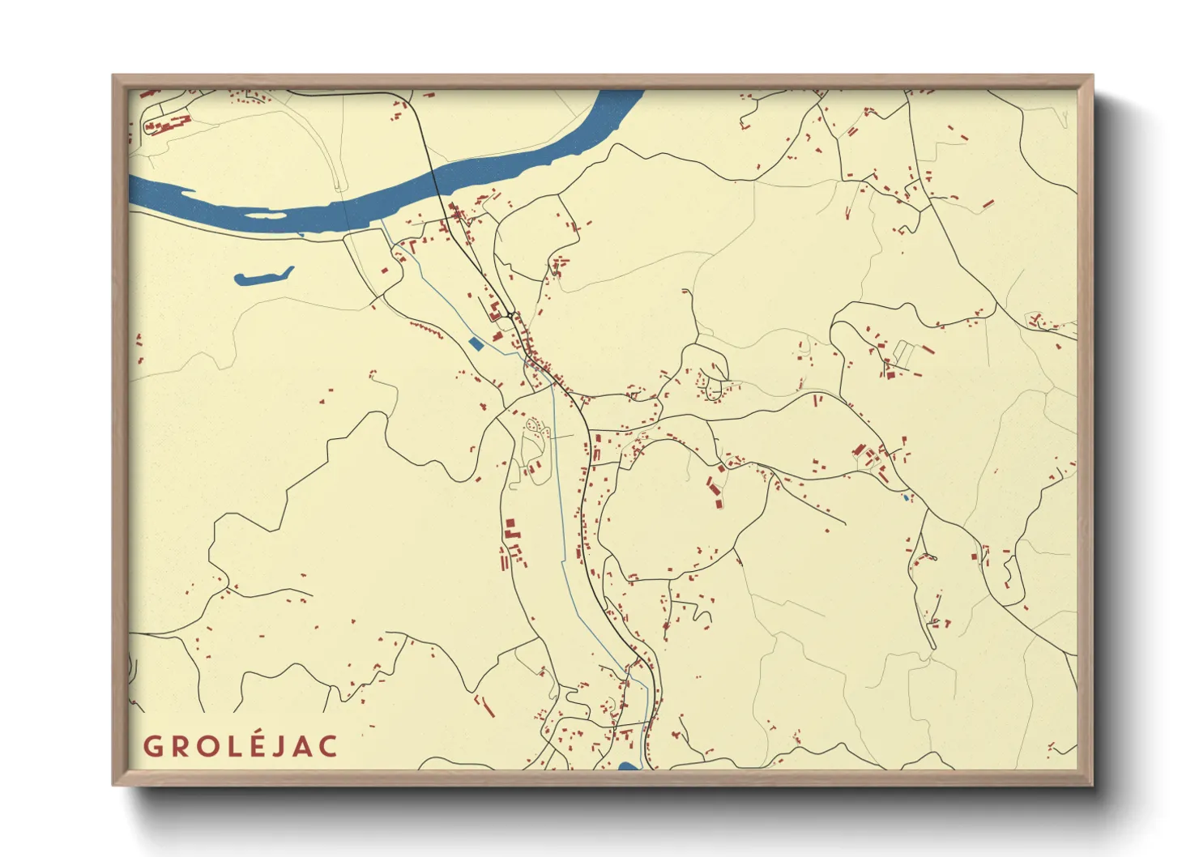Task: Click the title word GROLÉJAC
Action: [x=241, y=745]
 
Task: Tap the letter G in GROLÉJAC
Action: [x=152, y=746]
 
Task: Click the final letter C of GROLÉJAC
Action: [x=327, y=746]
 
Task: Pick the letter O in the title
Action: [x=203, y=746]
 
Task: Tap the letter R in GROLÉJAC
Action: [x=177, y=746]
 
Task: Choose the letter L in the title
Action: [x=227, y=746]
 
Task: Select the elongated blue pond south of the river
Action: [x=263, y=276]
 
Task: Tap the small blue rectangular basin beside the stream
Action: [x=476, y=343]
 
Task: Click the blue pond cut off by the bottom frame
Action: [x=628, y=765]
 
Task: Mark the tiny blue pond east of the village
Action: [x=907, y=497]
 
